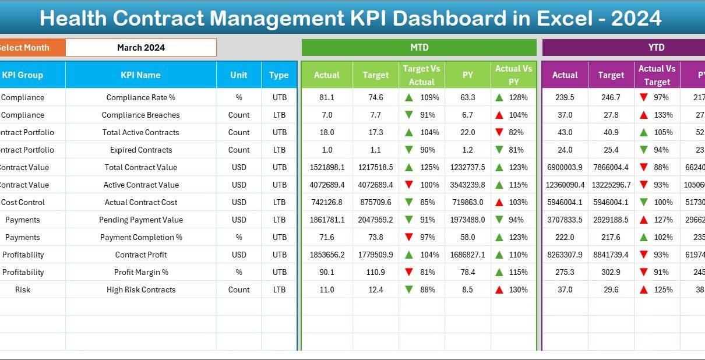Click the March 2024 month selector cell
(x=140, y=48)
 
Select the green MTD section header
(x=419, y=48)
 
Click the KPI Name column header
(x=140, y=75)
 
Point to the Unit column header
(x=238, y=75)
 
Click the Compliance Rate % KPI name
(x=140, y=97)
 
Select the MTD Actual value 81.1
(x=327, y=97)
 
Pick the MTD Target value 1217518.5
(x=376, y=167)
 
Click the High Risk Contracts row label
(x=140, y=290)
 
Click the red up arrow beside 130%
(x=499, y=290)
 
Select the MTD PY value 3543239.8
(x=467, y=185)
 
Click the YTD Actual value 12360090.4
(x=565, y=185)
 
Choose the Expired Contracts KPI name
(x=140, y=150)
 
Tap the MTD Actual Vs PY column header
(x=513, y=75)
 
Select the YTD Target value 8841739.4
(x=611, y=255)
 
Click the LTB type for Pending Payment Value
(x=279, y=220)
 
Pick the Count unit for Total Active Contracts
(x=238, y=132)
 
